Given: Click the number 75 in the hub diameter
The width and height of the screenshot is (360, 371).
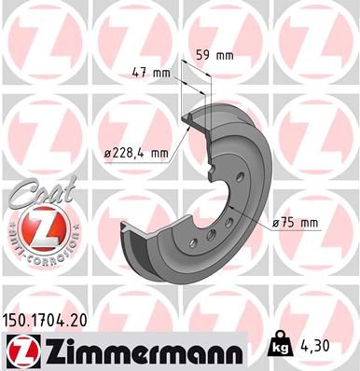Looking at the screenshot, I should [290, 222].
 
